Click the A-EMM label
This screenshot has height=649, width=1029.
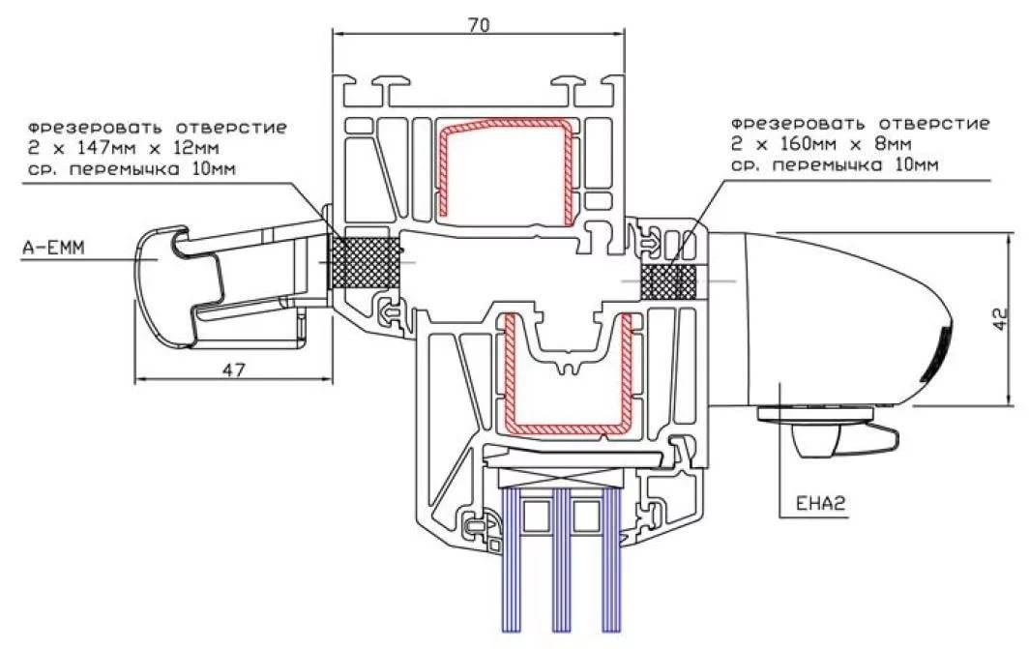(54, 249)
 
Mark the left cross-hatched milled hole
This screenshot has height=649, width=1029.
(366, 263)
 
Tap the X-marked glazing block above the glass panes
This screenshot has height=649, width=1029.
(560, 476)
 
